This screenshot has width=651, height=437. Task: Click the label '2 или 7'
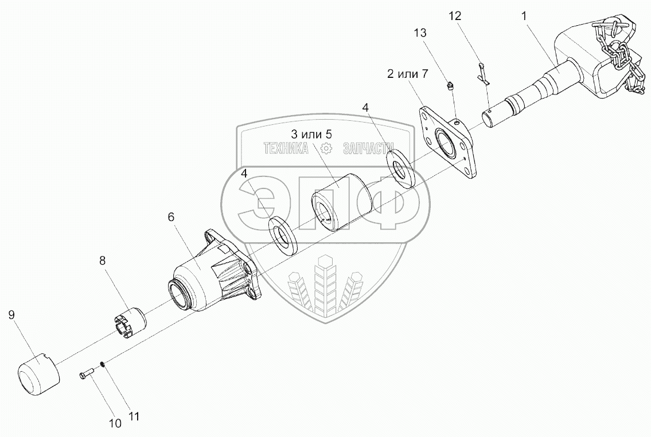click(x=408, y=74)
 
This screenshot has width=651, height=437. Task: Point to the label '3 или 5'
click(x=311, y=134)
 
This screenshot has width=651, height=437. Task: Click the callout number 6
click(x=171, y=217)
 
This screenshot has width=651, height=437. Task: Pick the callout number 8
click(x=102, y=261)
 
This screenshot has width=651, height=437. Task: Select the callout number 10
click(x=115, y=424)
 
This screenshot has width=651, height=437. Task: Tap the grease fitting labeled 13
click(x=451, y=87)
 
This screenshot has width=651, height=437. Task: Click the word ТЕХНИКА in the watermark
click(x=286, y=148)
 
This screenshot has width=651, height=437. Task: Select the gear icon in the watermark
click(x=326, y=149)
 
